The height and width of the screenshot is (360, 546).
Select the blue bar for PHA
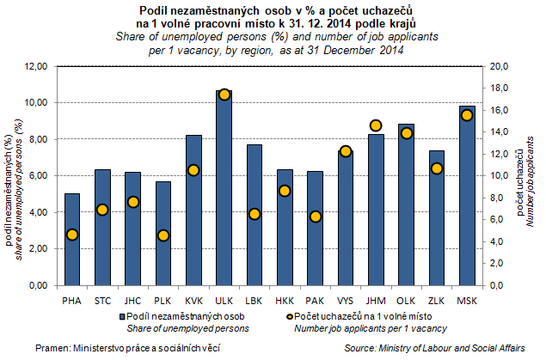72,240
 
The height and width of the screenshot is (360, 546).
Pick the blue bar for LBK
254,215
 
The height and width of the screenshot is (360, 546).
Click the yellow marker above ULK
224,95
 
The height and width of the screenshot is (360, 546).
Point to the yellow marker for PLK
163,235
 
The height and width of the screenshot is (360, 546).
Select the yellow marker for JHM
375,125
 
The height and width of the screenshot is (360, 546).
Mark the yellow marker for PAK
315,217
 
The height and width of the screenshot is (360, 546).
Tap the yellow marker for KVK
193,170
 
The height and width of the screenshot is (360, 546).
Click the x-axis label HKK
285,300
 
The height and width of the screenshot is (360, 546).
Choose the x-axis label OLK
406,300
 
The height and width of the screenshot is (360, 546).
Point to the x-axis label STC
102,300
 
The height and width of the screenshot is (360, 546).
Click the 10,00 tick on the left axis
36,102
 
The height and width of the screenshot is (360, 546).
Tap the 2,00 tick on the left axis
38,249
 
